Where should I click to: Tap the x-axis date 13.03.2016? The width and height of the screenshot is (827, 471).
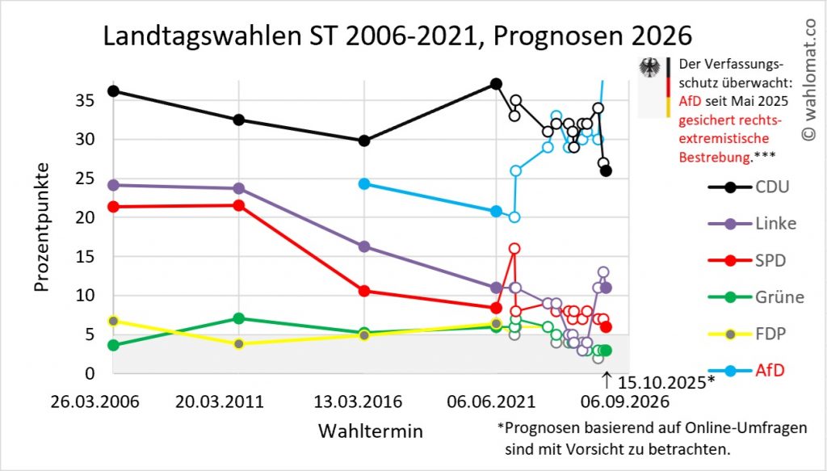363,402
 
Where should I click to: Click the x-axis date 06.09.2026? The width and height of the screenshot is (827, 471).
626,402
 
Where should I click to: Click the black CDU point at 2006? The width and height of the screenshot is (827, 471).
113,90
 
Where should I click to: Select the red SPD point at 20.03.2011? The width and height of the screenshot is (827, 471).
238,205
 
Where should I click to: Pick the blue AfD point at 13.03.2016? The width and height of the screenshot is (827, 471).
364,183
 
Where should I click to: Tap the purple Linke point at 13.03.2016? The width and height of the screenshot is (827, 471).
364,246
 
